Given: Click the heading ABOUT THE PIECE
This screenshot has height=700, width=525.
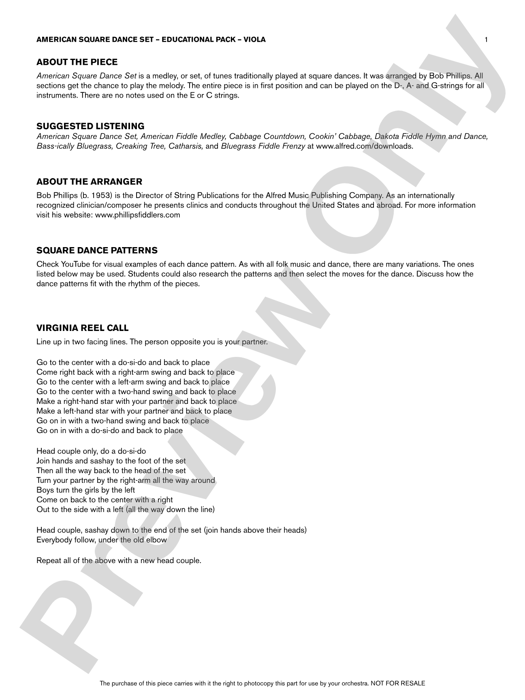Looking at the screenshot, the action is (77, 62).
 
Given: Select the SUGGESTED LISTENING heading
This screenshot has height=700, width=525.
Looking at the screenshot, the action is (90, 126).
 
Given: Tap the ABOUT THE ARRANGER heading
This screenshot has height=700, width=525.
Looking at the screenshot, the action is (89, 181).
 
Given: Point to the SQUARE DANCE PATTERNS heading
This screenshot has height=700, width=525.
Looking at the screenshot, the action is (97, 250).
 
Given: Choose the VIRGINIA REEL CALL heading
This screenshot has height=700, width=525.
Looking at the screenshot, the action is (82, 328).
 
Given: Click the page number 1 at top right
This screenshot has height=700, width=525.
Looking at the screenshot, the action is (486, 39).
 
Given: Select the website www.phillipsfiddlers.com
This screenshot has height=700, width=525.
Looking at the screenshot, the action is (137, 215).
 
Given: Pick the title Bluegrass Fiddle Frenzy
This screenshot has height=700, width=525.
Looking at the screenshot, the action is (262, 146).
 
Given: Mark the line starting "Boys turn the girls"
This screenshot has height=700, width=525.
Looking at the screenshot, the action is (86, 490).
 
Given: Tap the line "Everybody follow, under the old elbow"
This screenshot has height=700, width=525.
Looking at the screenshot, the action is (102, 540).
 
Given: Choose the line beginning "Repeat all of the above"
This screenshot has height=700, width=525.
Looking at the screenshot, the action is (119, 561).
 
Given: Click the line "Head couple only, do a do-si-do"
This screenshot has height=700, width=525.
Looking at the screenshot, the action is (91, 451).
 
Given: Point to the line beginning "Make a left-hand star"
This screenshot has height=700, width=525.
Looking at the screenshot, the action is (134, 411).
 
